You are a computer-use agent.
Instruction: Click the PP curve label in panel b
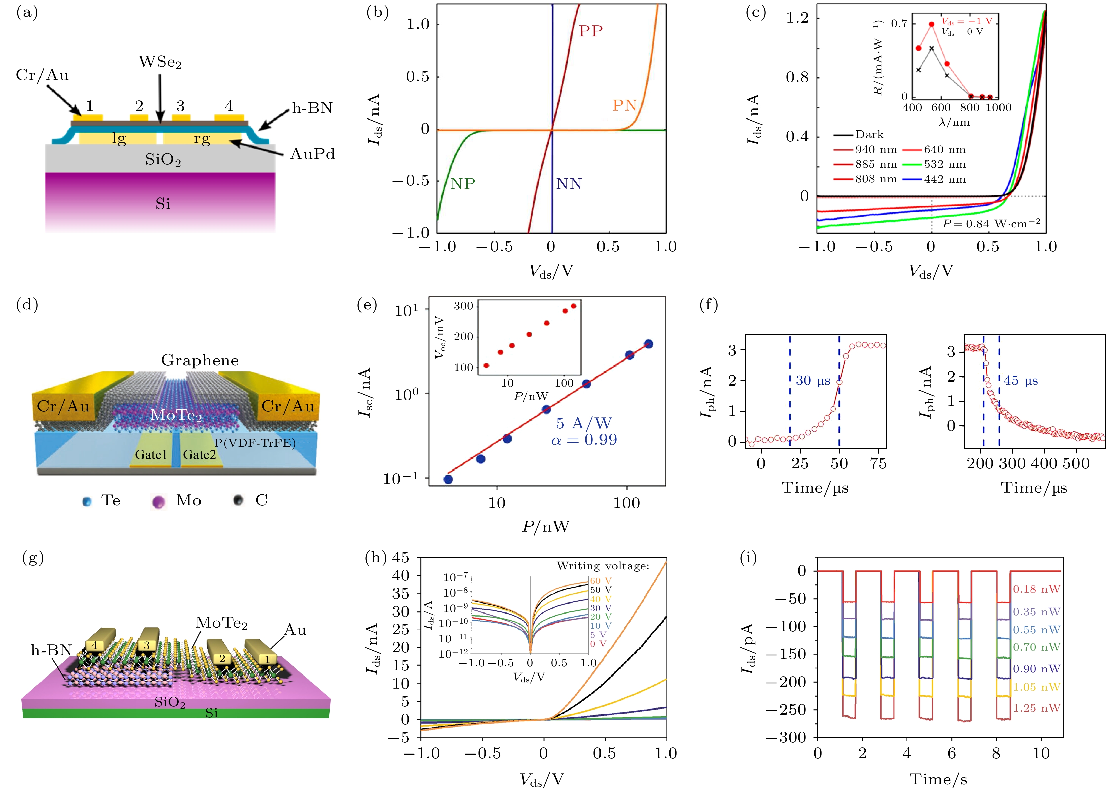click(590, 31)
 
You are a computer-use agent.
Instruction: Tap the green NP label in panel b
click(463, 184)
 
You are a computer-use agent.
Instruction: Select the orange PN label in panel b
click(624, 105)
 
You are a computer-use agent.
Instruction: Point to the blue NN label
click(569, 184)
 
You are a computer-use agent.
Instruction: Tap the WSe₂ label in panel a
click(160, 62)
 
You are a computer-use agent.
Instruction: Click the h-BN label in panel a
click(312, 108)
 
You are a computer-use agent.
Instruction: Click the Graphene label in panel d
click(200, 360)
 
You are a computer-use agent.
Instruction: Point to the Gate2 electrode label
click(199, 455)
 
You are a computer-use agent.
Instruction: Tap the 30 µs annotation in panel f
click(813, 380)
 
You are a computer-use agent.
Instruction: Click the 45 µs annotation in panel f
click(1021, 380)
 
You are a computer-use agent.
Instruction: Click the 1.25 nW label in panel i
click(1036, 708)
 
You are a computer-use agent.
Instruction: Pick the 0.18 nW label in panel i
click(1036, 589)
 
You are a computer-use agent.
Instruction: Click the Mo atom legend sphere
click(158, 502)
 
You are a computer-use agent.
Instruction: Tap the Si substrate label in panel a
click(163, 204)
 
